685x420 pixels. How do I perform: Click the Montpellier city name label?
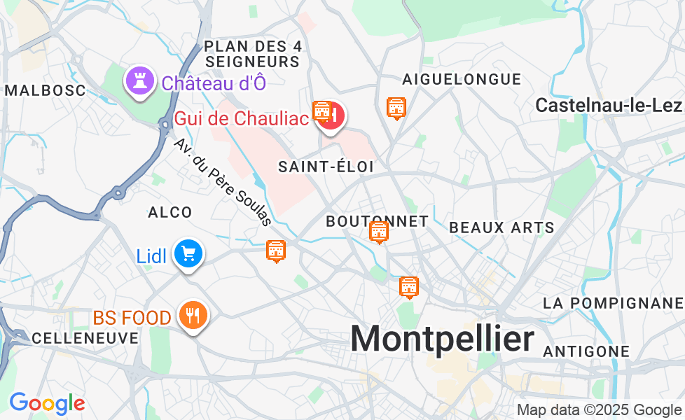click(x=442, y=339)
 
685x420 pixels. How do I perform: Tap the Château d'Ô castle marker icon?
click(x=139, y=81)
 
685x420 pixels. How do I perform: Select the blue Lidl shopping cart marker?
click(x=188, y=254)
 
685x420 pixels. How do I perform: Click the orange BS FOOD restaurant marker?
click(x=191, y=316)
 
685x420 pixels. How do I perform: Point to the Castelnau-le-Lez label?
click(x=608, y=105)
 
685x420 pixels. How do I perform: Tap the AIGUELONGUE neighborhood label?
click(x=462, y=79)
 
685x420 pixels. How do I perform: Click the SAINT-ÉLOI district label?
click(x=326, y=167)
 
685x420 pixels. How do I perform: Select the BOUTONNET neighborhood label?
click(x=377, y=221)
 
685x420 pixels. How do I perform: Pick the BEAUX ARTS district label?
click(x=501, y=227)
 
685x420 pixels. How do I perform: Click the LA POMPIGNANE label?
click(x=613, y=302)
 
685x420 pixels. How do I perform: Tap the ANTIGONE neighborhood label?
click(x=586, y=351)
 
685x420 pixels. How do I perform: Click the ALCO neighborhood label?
click(x=169, y=212)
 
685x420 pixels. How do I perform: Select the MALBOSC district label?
click(x=45, y=90)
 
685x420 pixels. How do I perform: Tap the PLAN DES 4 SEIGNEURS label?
click(x=253, y=54)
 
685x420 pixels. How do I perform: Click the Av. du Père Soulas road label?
click(x=222, y=182)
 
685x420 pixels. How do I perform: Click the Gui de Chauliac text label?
click(x=242, y=118)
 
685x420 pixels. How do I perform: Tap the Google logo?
click(x=47, y=403)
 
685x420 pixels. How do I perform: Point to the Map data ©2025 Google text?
click(x=599, y=409)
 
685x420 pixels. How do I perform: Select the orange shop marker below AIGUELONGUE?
click(x=396, y=108)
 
